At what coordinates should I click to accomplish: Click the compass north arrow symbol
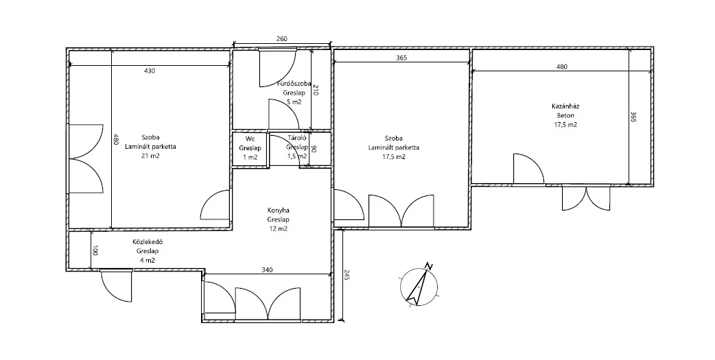418,285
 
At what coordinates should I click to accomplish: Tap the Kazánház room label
565,106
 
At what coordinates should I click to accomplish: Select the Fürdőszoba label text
294,84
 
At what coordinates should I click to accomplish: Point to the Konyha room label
278,211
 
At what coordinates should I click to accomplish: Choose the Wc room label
250,139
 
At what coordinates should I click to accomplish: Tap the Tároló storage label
296,139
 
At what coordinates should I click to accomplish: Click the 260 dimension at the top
282,39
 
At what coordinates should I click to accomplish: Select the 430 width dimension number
150,71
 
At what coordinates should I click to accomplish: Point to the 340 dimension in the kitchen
267,269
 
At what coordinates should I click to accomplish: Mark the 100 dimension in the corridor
95,251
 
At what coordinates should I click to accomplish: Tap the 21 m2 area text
151,156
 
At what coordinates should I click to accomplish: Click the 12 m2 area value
278,229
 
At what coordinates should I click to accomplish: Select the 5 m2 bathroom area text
294,102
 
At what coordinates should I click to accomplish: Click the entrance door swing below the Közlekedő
117,285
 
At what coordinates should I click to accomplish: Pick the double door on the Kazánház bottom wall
586,197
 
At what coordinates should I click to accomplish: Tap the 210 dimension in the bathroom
315,91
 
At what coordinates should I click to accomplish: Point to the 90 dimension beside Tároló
314,149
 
